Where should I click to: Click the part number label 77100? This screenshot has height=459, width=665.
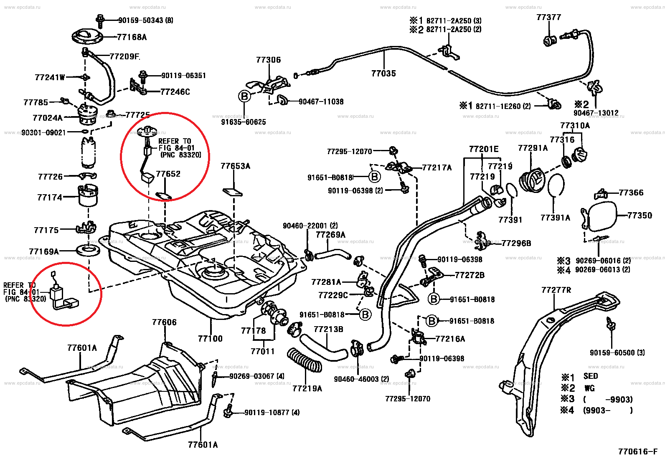point(210,339)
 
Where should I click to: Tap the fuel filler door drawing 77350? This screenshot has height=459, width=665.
point(602,216)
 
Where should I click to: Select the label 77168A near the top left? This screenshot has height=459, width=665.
point(132,37)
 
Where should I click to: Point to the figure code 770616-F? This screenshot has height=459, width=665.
point(638,451)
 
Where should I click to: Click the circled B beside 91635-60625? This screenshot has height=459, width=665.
point(244,96)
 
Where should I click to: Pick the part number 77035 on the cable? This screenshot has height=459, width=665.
point(383,74)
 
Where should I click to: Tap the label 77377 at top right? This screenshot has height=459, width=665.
point(548,17)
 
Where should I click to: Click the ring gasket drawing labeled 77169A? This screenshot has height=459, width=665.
point(88,251)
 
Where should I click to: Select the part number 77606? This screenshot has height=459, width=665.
point(164,322)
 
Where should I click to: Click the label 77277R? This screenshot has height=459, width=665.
point(556,290)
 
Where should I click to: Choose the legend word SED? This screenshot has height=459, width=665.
point(591,376)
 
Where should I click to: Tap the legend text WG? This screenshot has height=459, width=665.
point(589,388)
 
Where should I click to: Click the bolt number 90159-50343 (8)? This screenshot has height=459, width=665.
point(145,20)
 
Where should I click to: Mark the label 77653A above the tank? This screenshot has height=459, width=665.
point(235,166)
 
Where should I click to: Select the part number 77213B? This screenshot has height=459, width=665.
point(328,330)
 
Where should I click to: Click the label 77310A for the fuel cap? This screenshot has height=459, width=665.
point(575,126)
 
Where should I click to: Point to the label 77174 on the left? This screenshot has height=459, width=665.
point(50,198)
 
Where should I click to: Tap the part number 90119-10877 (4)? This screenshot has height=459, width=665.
point(272,413)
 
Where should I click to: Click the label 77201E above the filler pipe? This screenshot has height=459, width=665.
point(484,149)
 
